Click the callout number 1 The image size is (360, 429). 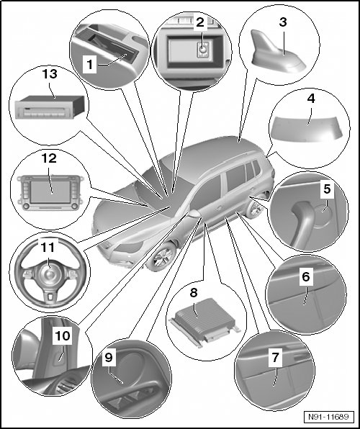[x=89, y=65]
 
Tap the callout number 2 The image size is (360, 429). [x=200, y=22]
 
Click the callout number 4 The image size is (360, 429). [x=311, y=99]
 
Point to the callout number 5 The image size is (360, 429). [x=327, y=189]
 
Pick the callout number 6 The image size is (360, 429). [x=305, y=276]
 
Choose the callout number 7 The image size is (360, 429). [x=275, y=357]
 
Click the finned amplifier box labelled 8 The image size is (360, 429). [x=204, y=318]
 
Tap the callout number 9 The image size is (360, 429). [x=109, y=358]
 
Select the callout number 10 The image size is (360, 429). [x=63, y=335]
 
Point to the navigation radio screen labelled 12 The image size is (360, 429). [x=50, y=192]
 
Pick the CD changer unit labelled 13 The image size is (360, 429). [x=50, y=107]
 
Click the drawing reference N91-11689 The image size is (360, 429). [x=328, y=417]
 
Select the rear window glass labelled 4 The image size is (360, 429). [x=306, y=129]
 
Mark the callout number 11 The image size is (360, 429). [x=48, y=247]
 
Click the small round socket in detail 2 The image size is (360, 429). [x=203, y=50]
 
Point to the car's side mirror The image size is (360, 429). [x=194, y=214]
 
